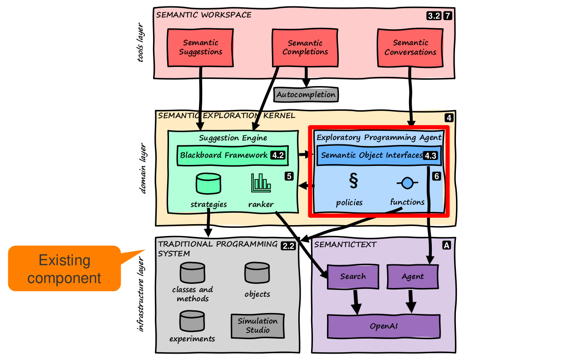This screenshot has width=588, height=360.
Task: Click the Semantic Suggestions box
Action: (x=200, y=47)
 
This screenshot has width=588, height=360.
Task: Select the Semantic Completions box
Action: (x=305, y=47)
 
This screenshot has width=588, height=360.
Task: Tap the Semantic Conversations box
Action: (x=410, y=47)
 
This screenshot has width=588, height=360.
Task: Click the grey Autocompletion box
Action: (x=306, y=95)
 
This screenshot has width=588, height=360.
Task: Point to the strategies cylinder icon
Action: (x=208, y=183)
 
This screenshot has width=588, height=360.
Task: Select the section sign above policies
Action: (x=353, y=181)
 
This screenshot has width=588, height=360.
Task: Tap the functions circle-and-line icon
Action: (x=407, y=183)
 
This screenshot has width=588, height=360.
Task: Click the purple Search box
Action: (x=353, y=276)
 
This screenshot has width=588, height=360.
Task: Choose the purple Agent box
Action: (x=412, y=277)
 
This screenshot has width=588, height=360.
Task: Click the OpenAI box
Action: (x=384, y=326)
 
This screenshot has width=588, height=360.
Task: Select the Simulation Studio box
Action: (x=257, y=325)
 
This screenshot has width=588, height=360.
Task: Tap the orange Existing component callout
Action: (x=64, y=268)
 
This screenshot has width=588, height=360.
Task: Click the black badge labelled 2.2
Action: (x=288, y=246)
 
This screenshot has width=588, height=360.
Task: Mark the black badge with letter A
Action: (x=446, y=245)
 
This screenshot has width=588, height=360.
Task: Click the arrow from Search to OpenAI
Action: (x=356, y=301)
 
